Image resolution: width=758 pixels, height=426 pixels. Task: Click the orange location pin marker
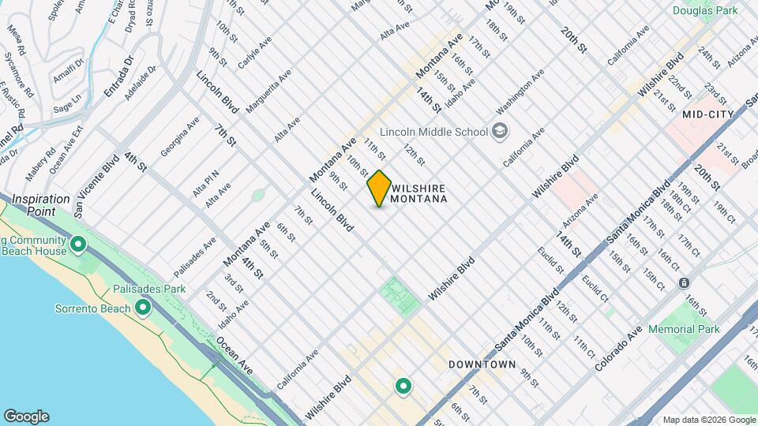(380, 189)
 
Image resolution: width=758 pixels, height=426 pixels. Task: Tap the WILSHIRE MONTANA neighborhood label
(419, 194)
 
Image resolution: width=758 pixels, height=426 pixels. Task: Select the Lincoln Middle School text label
(433, 131)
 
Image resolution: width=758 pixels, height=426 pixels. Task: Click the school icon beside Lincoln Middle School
(499, 130)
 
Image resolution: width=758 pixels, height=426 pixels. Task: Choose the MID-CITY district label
(709, 114)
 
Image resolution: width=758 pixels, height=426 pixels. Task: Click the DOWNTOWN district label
(482, 364)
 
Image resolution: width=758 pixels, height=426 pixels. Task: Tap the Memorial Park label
(684, 328)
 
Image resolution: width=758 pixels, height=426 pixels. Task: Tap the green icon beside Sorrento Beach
(143, 308)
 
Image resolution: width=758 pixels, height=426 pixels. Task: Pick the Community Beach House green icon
(77, 245)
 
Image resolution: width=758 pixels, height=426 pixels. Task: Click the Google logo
(26, 417)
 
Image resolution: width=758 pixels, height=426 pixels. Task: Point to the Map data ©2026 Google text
(708, 420)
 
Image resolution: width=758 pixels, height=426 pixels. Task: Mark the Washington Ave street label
(520, 94)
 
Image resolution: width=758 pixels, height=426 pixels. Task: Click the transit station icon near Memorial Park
(685, 282)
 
